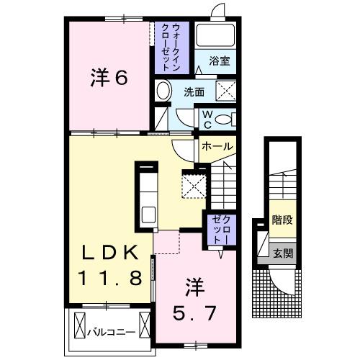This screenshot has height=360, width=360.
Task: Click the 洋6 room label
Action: click(x=109, y=77)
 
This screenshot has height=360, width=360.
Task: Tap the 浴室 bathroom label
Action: click(x=220, y=62)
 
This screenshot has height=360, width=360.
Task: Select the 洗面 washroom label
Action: click(x=194, y=92)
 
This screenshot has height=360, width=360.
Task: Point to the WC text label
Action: click(x=206, y=120)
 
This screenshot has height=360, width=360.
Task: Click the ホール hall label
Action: click(x=216, y=146)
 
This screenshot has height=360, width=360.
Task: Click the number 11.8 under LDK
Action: click(x=109, y=277)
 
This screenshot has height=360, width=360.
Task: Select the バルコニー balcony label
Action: click(x=109, y=333)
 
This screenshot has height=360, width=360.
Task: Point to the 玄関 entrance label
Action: click(x=282, y=253)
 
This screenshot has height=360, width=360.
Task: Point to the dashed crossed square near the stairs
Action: click(x=194, y=185)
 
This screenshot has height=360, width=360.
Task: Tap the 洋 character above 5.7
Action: click(x=194, y=286)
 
